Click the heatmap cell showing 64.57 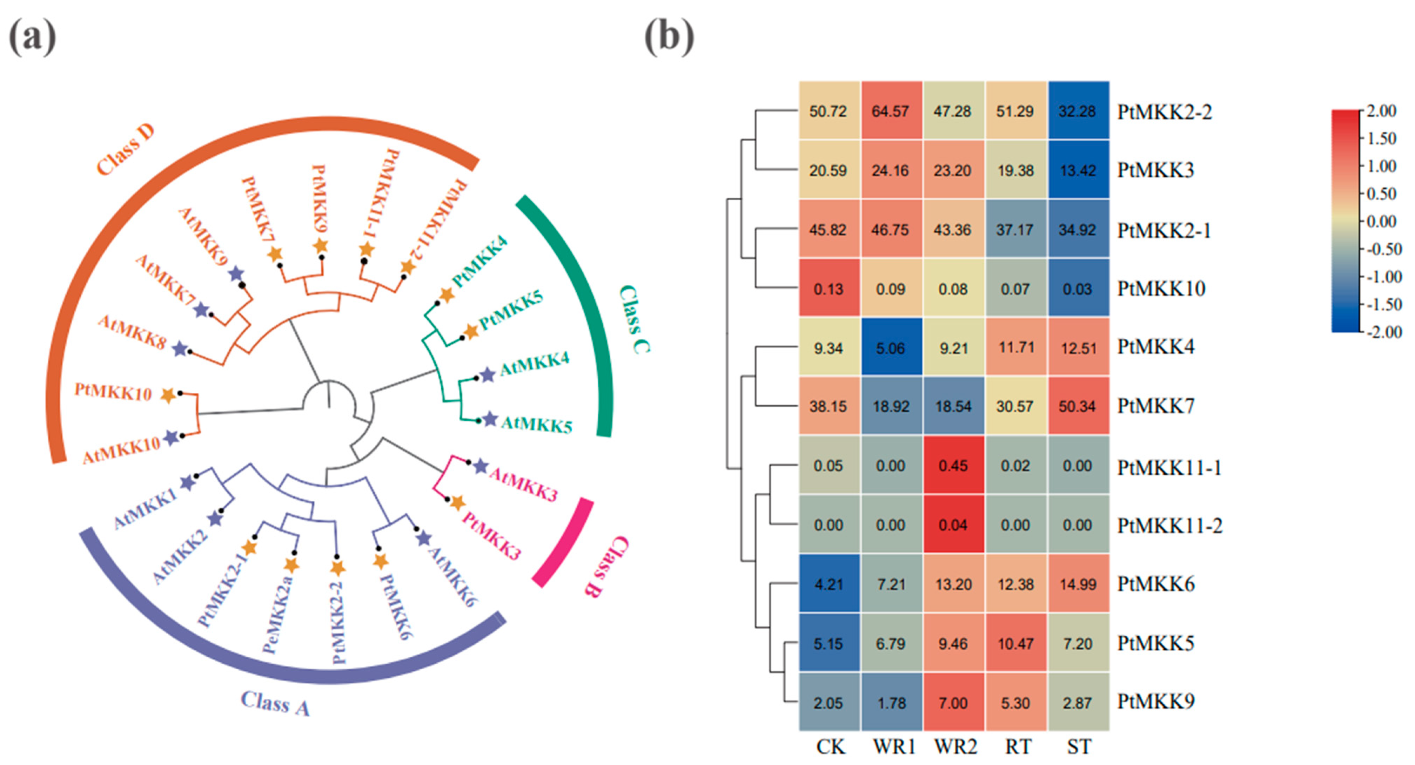(x=890, y=111)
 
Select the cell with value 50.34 (x=1077, y=406)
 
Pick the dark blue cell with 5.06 (x=890, y=348)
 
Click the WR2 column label (x=956, y=747)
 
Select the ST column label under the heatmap (x=1079, y=747)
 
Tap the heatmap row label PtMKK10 (x=1161, y=289)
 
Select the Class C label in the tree (x=635, y=320)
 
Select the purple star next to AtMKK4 (x=487, y=375)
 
